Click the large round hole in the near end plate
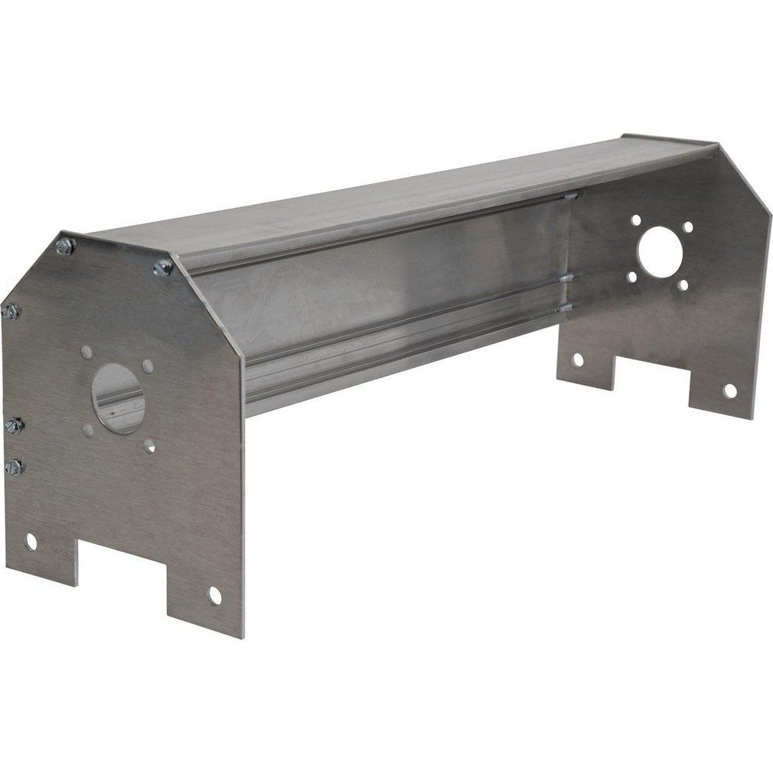[x=118, y=398]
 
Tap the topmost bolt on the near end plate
[x=65, y=247]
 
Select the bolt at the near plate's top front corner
[x=163, y=267]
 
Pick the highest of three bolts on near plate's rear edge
[x=11, y=312]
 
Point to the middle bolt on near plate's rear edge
[x=14, y=425]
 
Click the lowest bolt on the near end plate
[x=13, y=467]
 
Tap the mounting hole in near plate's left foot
[x=31, y=541]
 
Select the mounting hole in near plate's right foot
[x=215, y=595]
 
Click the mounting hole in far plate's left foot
[x=577, y=359]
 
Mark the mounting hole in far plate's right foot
[x=730, y=390]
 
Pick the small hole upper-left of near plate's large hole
[x=87, y=352]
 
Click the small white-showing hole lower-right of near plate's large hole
[x=149, y=445]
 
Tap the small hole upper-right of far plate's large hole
[x=688, y=227]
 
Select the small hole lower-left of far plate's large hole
[x=632, y=276]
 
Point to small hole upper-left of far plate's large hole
[x=635, y=220]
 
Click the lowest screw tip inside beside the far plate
[x=566, y=308]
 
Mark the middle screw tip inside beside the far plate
[x=567, y=278]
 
